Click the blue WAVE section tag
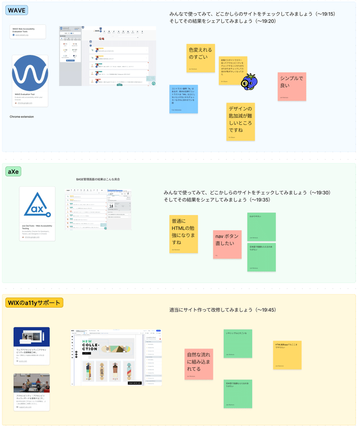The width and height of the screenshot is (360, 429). point(16,10)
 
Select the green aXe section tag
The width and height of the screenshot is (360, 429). point(13,171)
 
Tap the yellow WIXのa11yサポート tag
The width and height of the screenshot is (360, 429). point(34,303)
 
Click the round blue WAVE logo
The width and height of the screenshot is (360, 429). point(30,73)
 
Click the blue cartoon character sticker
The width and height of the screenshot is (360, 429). point(248,82)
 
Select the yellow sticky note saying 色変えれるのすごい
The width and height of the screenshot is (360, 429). point(201,58)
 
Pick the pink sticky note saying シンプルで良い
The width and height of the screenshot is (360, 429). point(292,86)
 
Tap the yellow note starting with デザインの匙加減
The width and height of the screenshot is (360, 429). point(240,121)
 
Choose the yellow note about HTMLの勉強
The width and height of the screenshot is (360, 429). point(183,234)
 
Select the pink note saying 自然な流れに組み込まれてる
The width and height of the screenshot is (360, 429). point(198,364)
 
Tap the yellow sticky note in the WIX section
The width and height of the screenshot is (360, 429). point(287,355)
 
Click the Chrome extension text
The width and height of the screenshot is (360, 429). point(22,117)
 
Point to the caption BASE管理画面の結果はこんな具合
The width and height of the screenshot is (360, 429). point(98,179)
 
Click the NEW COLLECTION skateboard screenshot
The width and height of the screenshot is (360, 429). point(116,357)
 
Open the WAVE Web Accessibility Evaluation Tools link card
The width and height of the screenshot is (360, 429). point(28,31)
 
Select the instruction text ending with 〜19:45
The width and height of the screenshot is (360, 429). point(229,310)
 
